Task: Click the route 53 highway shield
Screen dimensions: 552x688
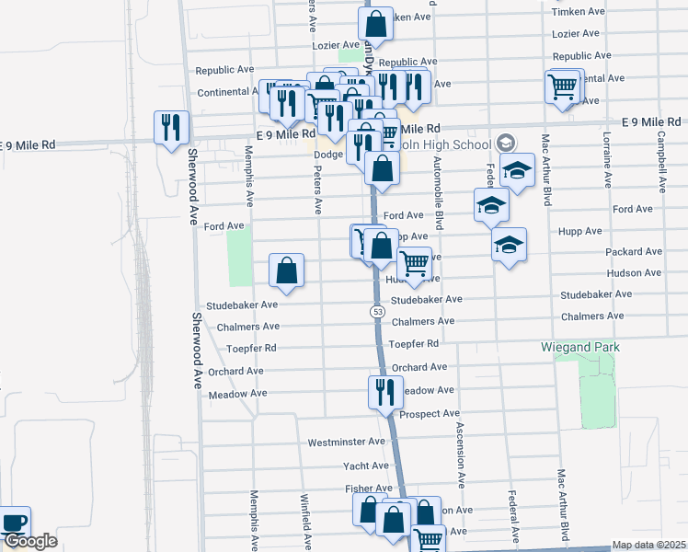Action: (x=378, y=313)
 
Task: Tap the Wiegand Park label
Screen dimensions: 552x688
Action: (x=579, y=347)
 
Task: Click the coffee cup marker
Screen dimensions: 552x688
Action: (x=14, y=522)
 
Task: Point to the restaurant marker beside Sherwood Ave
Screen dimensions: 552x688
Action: (x=171, y=127)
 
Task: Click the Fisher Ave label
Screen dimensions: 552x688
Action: (x=368, y=489)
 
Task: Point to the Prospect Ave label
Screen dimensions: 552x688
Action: (x=430, y=414)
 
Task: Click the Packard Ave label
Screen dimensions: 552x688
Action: (x=629, y=251)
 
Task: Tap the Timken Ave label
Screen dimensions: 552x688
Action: (x=578, y=11)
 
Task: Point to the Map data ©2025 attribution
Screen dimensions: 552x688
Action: (x=649, y=545)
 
